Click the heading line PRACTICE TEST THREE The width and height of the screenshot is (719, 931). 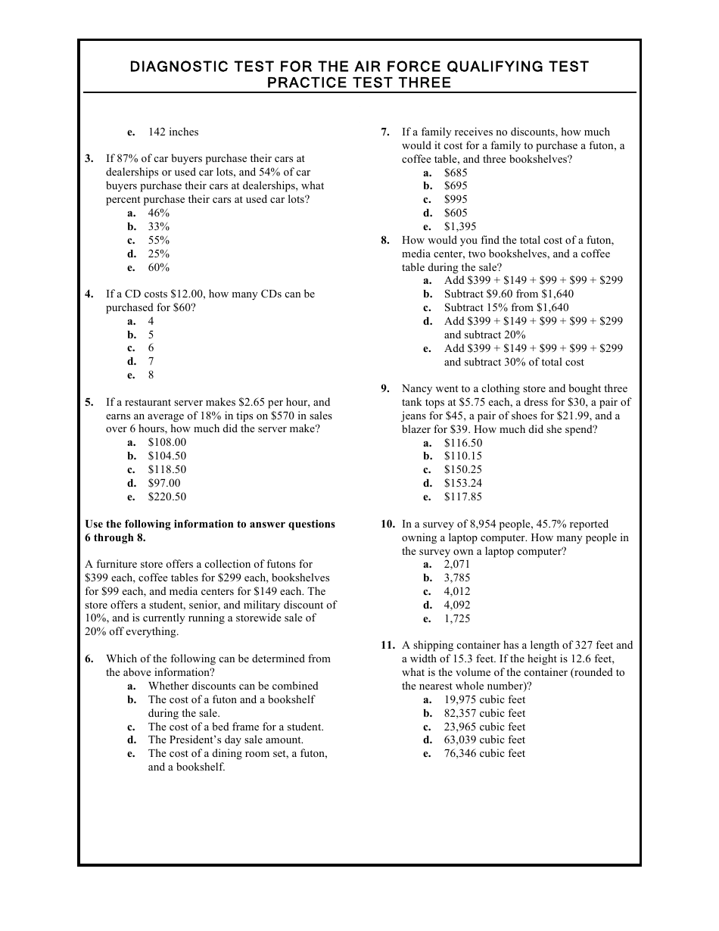(x=359, y=83)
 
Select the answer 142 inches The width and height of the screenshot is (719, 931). (x=173, y=132)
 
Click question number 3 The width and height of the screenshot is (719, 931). (x=89, y=159)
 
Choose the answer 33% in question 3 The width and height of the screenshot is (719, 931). (x=158, y=226)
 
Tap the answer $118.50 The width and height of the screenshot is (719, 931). (x=167, y=469)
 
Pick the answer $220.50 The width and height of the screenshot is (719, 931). (x=167, y=497)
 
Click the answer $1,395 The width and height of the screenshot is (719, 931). (x=460, y=226)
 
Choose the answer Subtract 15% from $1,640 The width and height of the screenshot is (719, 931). (x=506, y=307)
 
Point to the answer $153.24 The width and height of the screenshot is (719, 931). (x=462, y=483)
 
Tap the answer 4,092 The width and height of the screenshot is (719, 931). (x=456, y=605)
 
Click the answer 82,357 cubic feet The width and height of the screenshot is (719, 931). (x=484, y=713)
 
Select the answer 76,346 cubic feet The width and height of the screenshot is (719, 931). (x=484, y=753)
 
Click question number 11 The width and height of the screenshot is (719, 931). (x=388, y=646)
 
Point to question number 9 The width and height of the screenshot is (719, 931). (x=385, y=389)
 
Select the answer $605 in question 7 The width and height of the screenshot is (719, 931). (x=456, y=213)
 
